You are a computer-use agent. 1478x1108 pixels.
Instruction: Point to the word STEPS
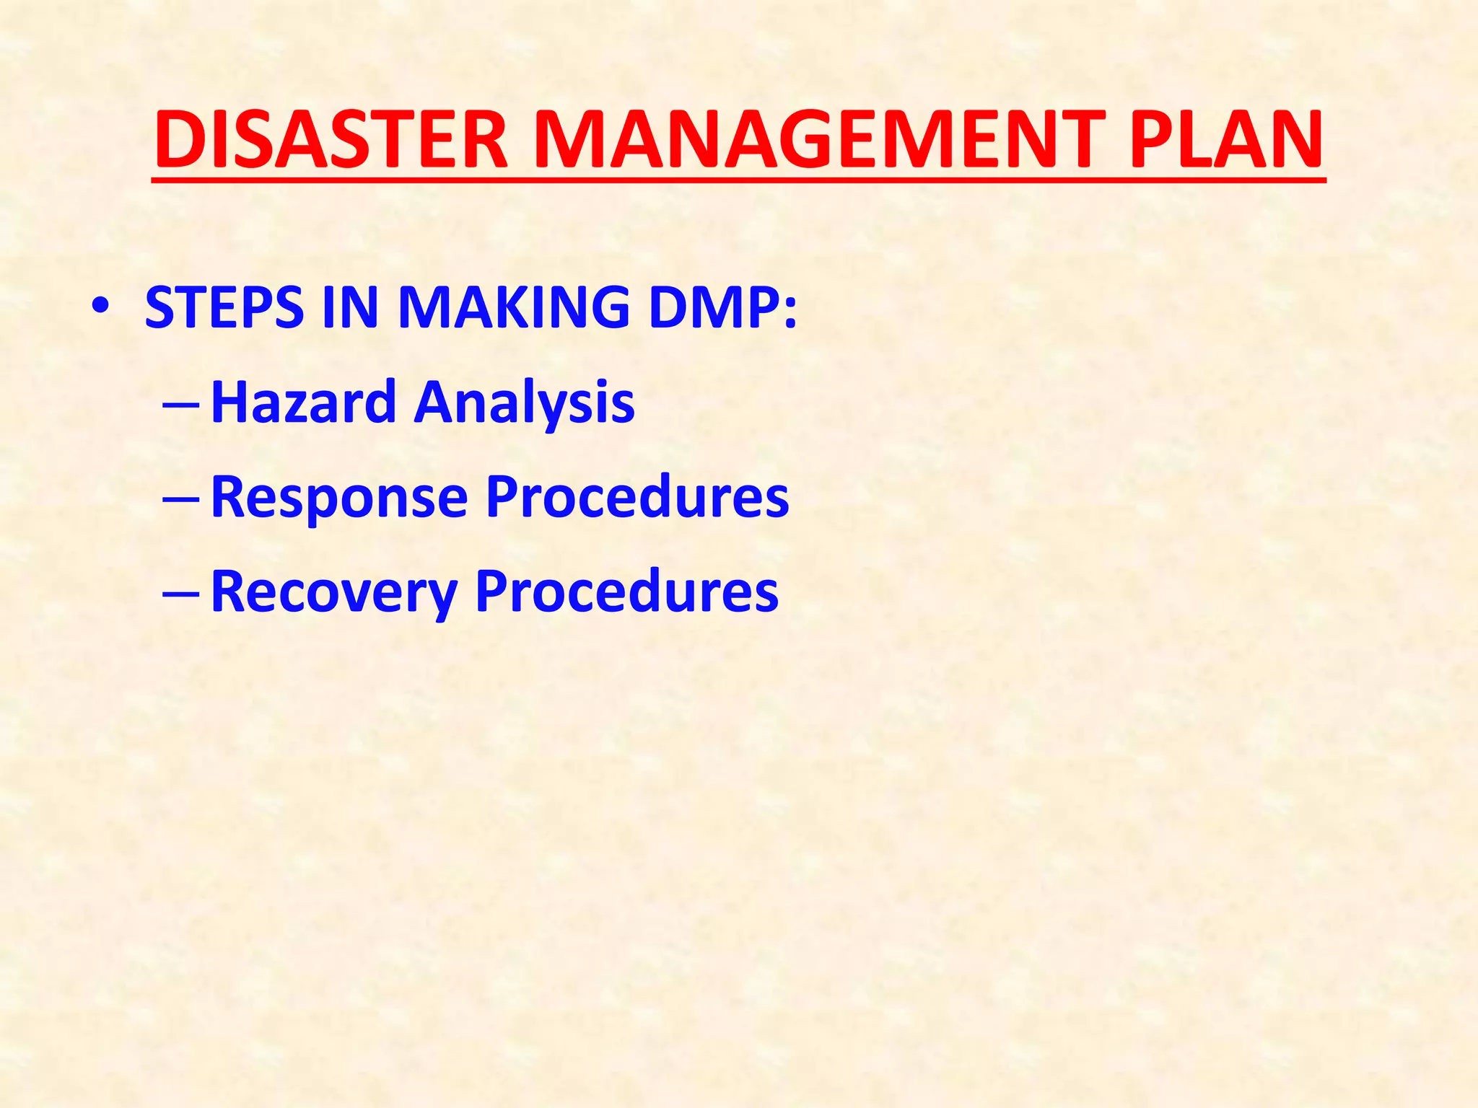224,308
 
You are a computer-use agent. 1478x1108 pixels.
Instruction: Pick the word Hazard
304,402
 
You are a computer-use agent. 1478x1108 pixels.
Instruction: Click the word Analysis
525,402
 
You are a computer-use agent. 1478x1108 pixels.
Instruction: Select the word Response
339,498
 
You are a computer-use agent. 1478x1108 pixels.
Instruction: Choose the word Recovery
334,592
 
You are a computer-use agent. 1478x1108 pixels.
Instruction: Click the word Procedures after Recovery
627,592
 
